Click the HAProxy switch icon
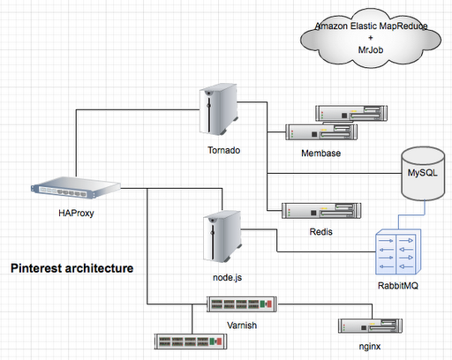coord(76,188)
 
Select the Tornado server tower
coord(218,109)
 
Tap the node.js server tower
coord(222,236)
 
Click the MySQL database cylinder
coord(423,174)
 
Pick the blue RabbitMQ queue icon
coord(398,251)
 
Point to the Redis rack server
coord(321,211)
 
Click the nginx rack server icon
coord(370,326)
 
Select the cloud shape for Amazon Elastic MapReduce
coord(371,38)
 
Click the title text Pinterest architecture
coord(72,268)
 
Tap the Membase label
coord(321,154)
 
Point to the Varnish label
coord(242,326)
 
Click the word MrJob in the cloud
coord(371,50)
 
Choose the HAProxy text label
coord(76,213)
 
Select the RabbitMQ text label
coord(398,286)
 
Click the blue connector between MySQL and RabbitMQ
coord(412,215)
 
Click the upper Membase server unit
coord(351,113)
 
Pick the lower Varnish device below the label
coord(191,341)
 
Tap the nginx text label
coord(370,347)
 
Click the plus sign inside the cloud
coord(371,38)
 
